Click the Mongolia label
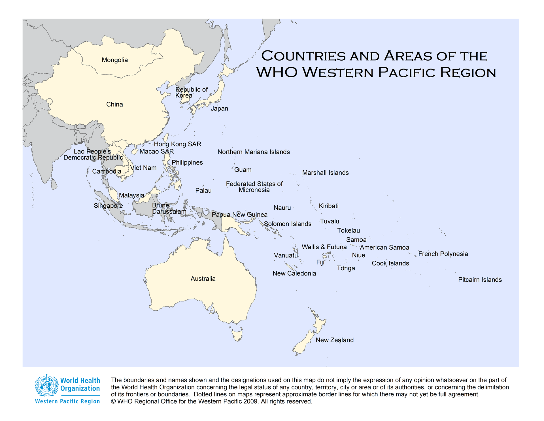115,60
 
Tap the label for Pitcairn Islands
480,280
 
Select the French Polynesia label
443,254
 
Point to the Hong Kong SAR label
177,144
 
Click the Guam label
243,170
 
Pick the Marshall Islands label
325,173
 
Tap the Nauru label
282,208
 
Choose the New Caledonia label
294,273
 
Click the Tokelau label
348,230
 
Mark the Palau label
203,190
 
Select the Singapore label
108,205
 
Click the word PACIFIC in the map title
407,73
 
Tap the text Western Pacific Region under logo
67,401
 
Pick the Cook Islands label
390,263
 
